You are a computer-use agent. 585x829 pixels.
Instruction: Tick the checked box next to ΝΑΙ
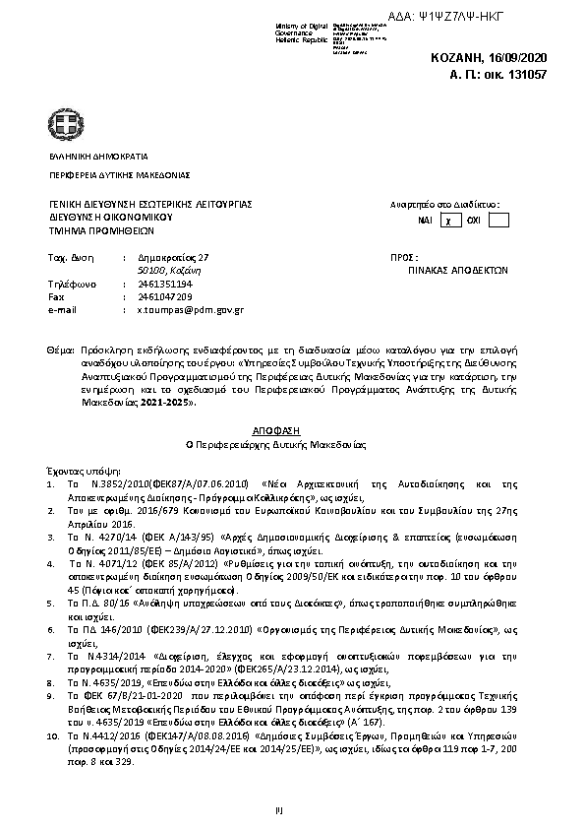[447, 221]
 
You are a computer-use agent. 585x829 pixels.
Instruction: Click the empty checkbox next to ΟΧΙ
[497, 220]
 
